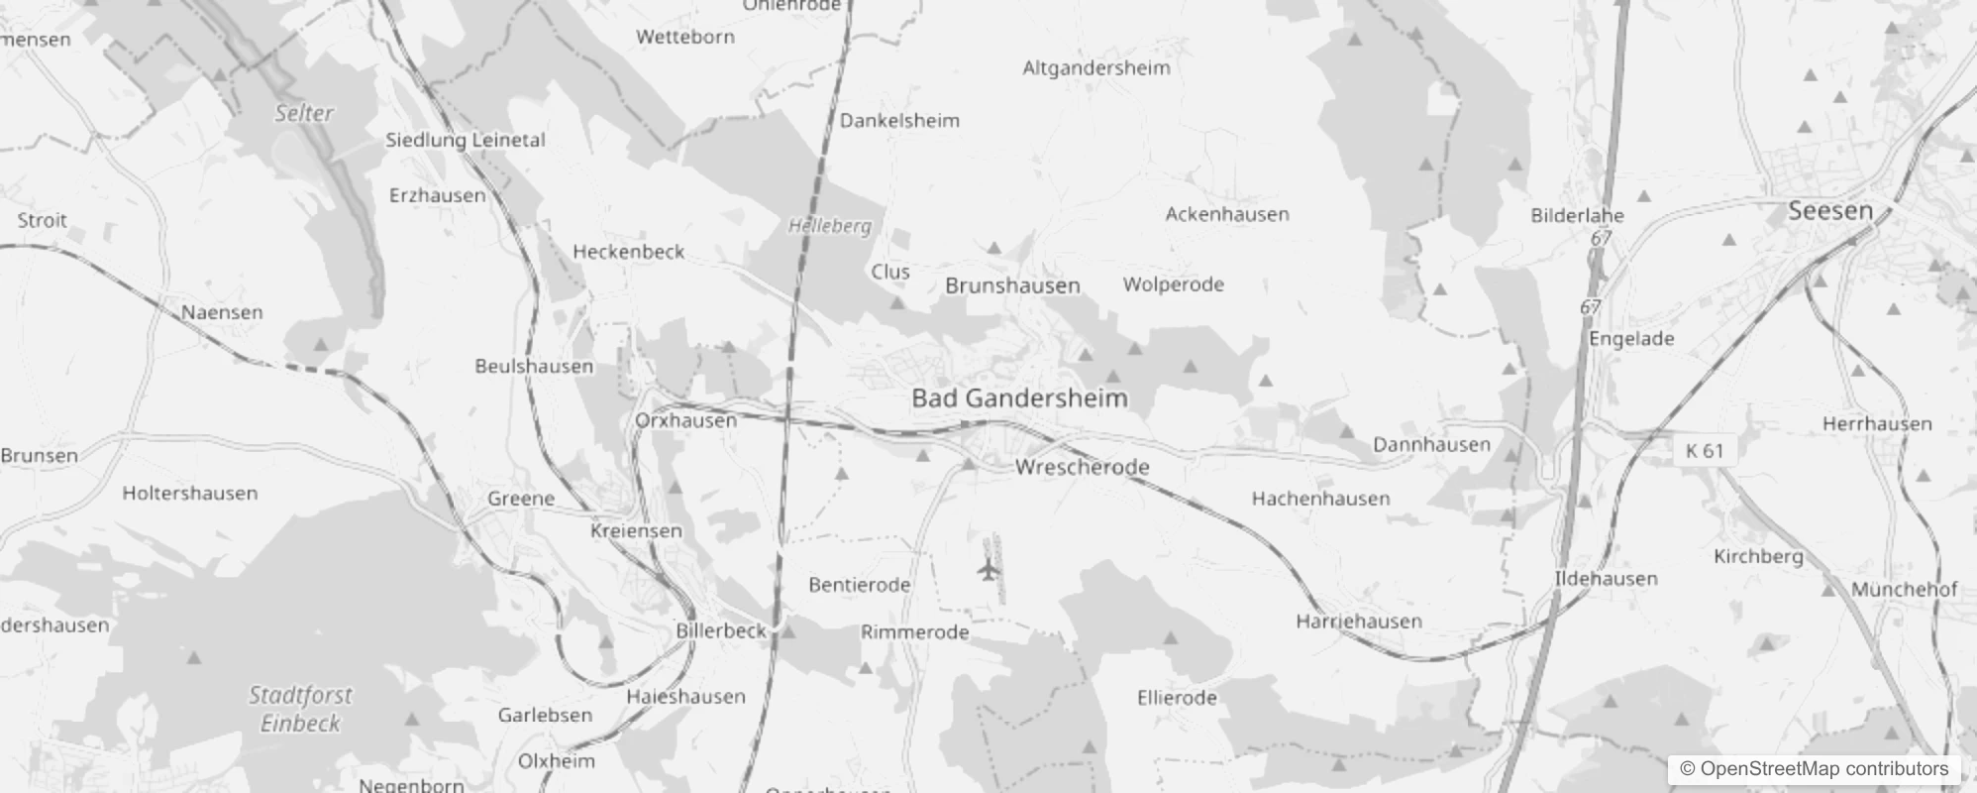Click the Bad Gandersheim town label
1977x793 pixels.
tap(1019, 398)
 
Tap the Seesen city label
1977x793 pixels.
tap(1830, 211)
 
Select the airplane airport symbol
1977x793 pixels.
tap(988, 570)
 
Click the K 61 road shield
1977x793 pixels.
tap(1705, 451)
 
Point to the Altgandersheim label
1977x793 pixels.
tap(1095, 68)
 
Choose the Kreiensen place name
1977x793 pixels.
tap(636, 531)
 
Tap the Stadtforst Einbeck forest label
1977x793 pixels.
tap(300, 709)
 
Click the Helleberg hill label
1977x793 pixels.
tap(829, 226)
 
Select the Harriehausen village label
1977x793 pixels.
tap(1358, 622)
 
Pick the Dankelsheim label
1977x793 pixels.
tap(899, 121)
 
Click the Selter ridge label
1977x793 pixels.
tap(304, 113)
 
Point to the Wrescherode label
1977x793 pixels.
tap(1082, 467)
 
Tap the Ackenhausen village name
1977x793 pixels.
tap(1227, 214)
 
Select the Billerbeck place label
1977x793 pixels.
tap(721, 630)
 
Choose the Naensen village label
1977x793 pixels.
tap(222, 312)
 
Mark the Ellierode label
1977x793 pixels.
tap(1177, 698)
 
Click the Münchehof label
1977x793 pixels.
tap(1904, 590)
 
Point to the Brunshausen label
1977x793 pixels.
tap(1012, 286)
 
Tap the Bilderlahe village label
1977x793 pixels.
tap(1577, 215)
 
